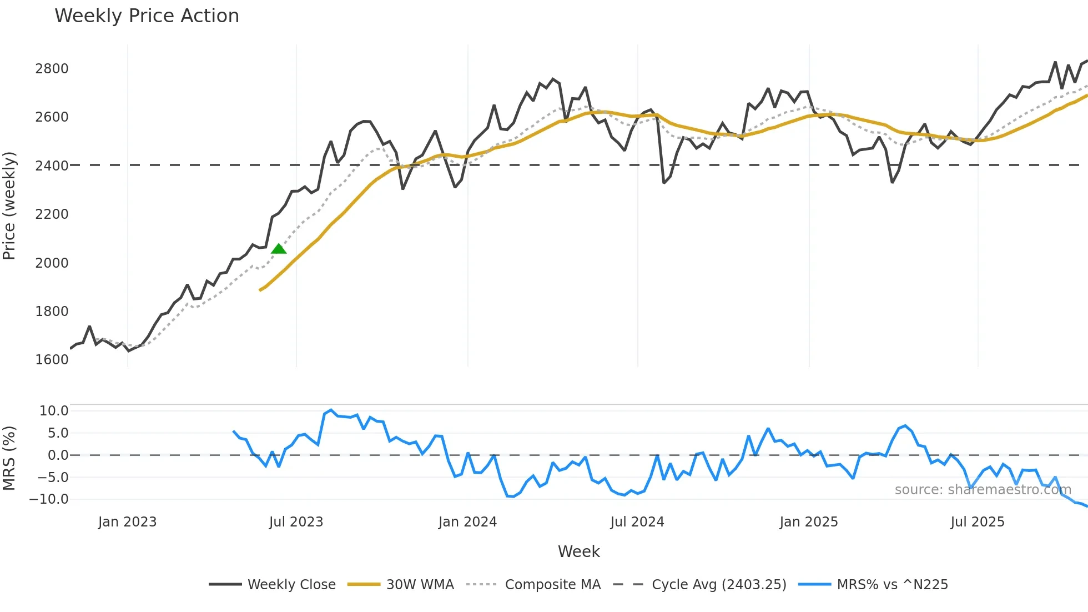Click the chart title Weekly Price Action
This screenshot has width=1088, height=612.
click(x=147, y=16)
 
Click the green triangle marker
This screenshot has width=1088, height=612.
click(x=279, y=249)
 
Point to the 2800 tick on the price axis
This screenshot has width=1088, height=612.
click(x=52, y=69)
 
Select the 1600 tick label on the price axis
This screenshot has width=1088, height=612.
click(x=52, y=360)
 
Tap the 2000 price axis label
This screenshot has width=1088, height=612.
click(x=52, y=263)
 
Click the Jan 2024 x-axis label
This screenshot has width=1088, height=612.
click(x=467, y=522)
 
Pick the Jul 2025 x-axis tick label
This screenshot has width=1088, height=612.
click(x=977, y=522)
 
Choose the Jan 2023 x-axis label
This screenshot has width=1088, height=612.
click(x=127, y=522)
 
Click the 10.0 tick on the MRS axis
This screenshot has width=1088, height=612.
click(x=54, y=411)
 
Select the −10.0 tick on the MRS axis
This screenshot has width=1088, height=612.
click(x=49, y=499)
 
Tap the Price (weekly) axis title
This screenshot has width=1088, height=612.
click(x=9, y=205)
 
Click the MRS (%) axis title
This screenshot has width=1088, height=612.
click(x=9, y=458)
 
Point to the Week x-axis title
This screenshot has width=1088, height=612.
click(x=578, y=551)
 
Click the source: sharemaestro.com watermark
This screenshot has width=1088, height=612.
click(x=983, y=490)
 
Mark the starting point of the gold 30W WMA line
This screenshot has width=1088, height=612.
click(x=260, y=290)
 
